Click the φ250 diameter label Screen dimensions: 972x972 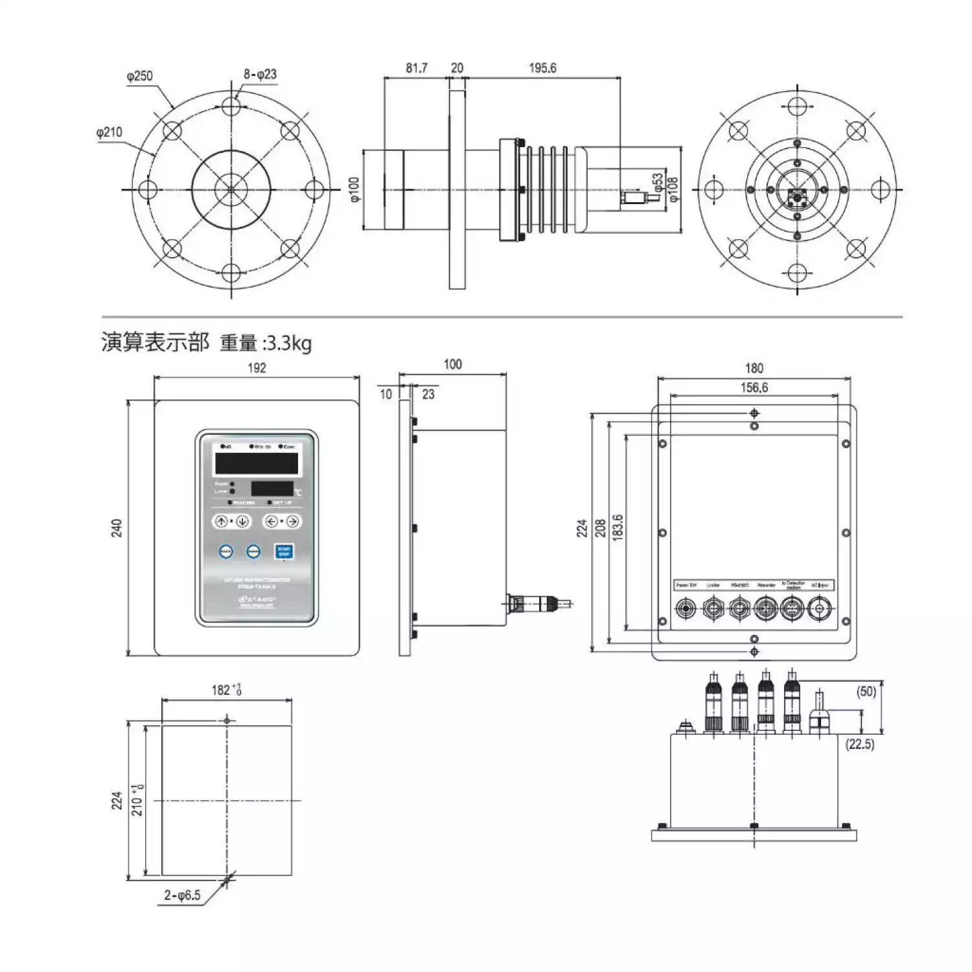click(x=139, y=76)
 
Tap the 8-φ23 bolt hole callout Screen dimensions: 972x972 click(x=260, y=75)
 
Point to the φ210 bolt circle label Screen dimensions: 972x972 click(x=109, y=132)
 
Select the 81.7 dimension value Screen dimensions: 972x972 click(x=417, y=68)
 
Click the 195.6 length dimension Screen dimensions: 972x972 click(x=542, y=68)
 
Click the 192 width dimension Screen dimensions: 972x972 click(x=257, y=368)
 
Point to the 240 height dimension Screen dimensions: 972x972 click(x=117, y=528)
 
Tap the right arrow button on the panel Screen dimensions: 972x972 click(x=292, y=522)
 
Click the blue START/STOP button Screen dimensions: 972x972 click(x=284, y=551)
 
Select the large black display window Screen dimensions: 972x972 click(x=257, y=463)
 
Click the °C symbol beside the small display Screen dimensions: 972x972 click(x=297, y=492)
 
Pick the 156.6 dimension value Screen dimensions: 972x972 click(x=754, y=388)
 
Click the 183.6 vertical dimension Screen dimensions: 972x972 click(x=618, y=528)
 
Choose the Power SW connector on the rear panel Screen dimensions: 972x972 click(x=685, y=609)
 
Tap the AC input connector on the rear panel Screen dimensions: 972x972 click(x=820, y=609)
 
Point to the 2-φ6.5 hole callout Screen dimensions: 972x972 click(x=182, y=896)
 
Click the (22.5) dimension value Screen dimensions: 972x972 click(x=860, y=744)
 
